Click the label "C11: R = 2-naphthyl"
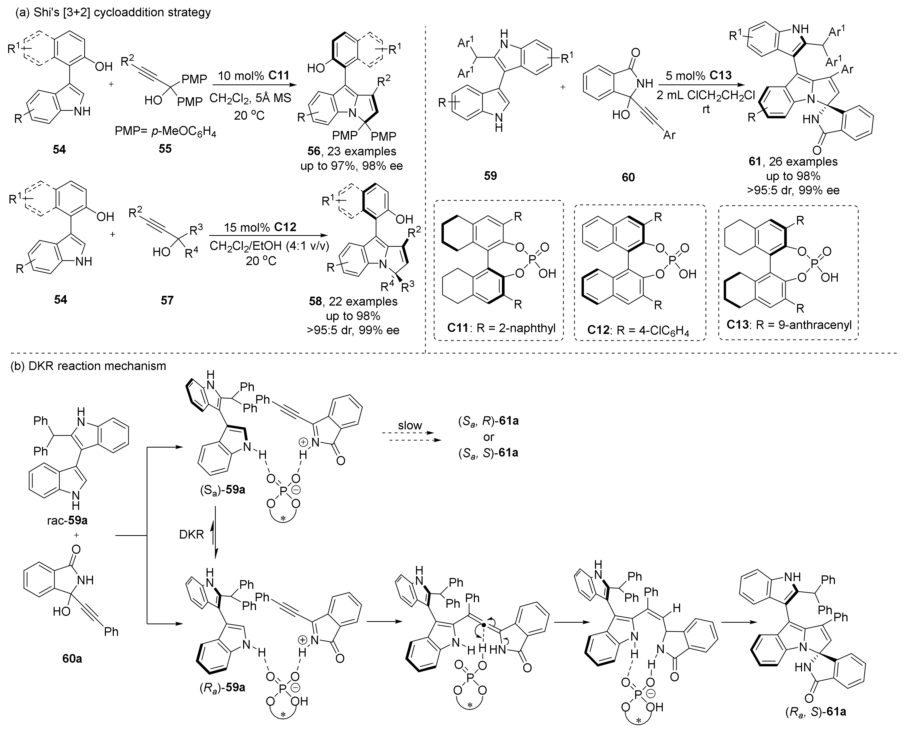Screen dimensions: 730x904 pos(499,328)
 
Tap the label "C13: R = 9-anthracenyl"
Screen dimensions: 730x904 pos(788,324)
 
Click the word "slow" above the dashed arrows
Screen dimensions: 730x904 pos(410,425)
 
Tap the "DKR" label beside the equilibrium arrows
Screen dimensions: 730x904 pos(191,534)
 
